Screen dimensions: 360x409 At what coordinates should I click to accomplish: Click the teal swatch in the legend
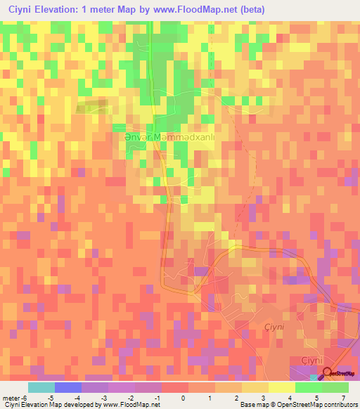[41, 387]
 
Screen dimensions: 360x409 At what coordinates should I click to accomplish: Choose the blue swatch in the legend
[68, 387]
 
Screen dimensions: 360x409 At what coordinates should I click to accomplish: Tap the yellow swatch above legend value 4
[281, 387]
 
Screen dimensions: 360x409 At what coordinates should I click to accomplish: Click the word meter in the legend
[10, 398]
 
